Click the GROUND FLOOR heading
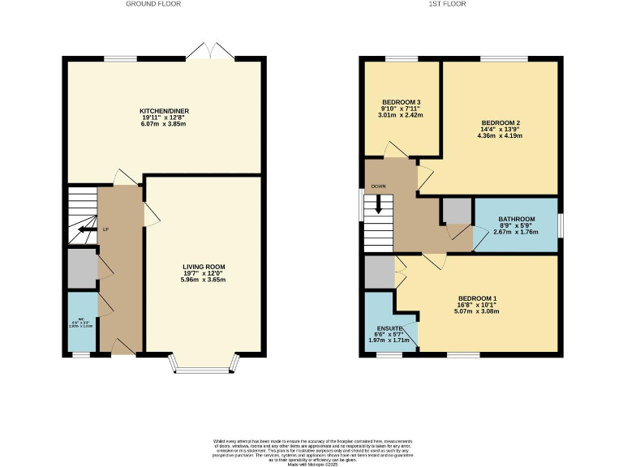click(153, 4)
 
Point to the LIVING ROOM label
click(203, 267)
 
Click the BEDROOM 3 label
click(402, 102)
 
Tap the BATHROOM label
click(516, 219)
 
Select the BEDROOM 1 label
click(477, 298)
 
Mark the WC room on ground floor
click(81, 323)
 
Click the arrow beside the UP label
click(85, 229)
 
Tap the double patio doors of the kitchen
click(210, 53)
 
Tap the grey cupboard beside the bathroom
click(456, 212)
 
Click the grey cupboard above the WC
click(81, 267)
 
